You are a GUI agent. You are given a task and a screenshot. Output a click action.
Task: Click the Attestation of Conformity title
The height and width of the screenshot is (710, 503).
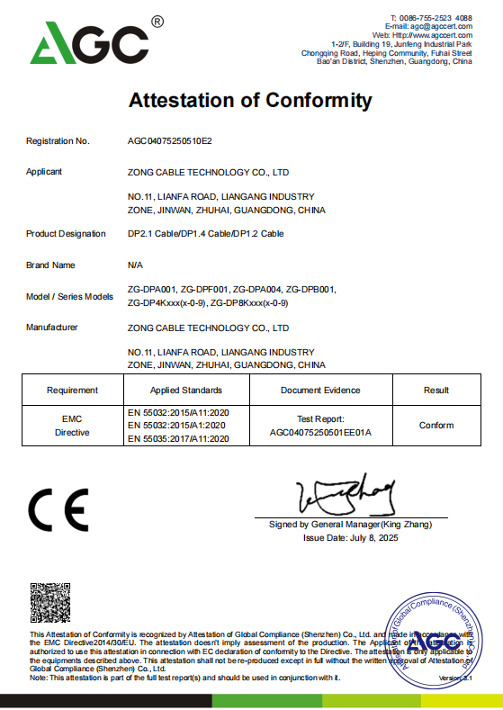tap(250, 100)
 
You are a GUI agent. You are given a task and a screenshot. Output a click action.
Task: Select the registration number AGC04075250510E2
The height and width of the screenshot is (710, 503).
tap(170, 141)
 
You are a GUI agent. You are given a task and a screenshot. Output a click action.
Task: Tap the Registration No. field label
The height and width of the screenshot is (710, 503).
tap(58, 141)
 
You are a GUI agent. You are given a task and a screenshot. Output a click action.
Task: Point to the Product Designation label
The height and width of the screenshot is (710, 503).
tap(66, 234)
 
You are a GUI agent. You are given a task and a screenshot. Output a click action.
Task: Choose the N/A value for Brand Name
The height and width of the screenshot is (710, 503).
tap(136, 265)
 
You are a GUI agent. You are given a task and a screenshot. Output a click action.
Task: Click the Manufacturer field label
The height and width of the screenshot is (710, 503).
tap(55, 328)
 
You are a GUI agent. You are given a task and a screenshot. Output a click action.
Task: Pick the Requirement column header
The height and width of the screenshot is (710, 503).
tap(72, 391)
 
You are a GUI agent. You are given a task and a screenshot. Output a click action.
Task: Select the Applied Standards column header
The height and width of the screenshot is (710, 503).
tap(186, 391)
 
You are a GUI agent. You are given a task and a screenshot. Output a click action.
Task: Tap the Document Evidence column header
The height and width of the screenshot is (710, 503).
tap(320, 391)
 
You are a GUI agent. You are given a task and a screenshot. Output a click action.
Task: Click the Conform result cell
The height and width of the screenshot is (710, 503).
tap(436, 425)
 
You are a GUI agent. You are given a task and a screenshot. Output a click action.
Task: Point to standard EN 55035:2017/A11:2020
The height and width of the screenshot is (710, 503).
tap(180, 439)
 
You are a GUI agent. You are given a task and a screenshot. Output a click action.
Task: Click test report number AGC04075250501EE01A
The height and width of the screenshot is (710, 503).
tap(320, 432)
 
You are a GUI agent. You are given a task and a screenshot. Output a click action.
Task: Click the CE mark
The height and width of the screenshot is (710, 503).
tap(58, 511)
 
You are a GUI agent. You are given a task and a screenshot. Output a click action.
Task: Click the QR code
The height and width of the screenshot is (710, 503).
tap(50, 604)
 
